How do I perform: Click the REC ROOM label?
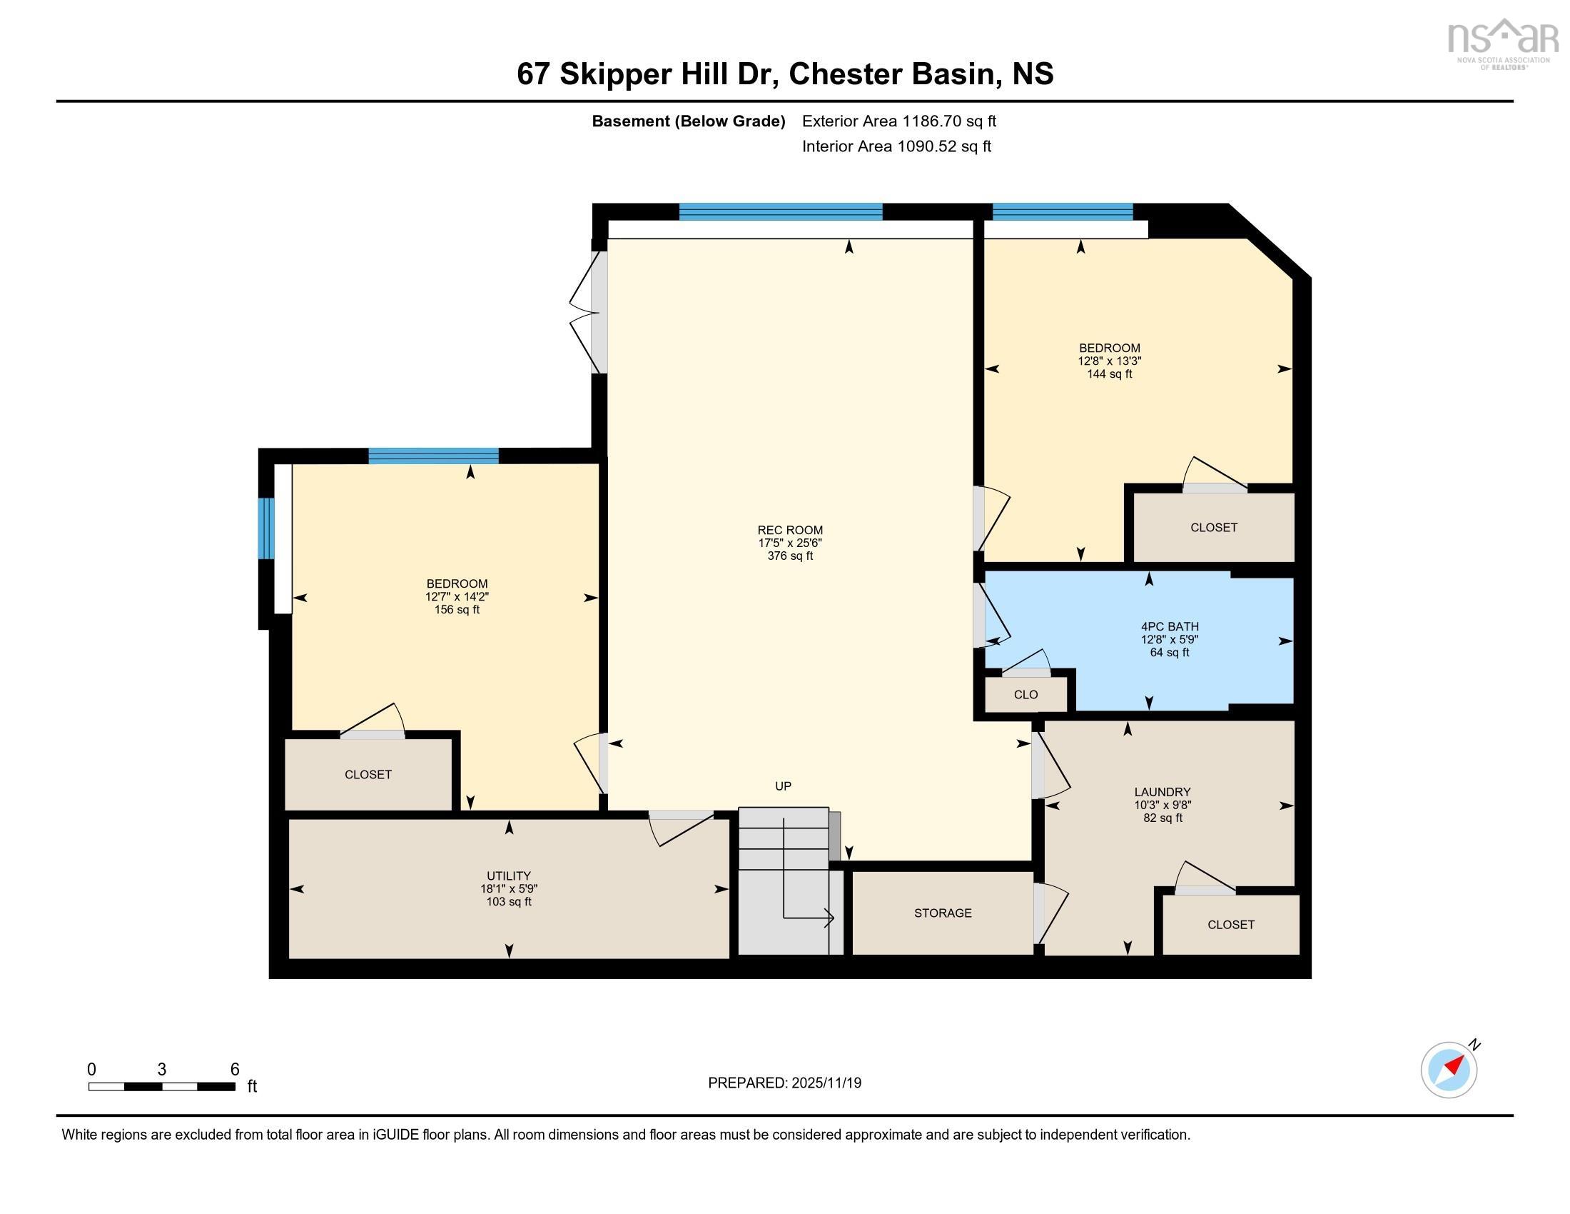(x=790, y=530)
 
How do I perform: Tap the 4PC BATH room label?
(x=1169, y=626)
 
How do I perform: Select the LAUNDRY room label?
(x=1163, y=792)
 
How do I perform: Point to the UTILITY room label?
(x=509, y=876)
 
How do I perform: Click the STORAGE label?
(x=943, y=913)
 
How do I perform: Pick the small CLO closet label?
(x=1025, y=694)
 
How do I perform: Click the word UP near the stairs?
(x=783, y=786)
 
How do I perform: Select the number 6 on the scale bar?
(x=234, y=1069)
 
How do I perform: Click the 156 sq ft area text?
(x=457, y=609)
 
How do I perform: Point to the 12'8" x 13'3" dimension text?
(x=1109, y=361)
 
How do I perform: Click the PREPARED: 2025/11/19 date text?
(x=784, y=1083)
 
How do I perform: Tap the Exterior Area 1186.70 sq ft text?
(x=898, y=121)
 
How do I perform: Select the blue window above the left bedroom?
(x=433, y=456)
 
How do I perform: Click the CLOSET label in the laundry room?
(x=1231, y=924)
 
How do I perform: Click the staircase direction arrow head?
(x=830, y=918)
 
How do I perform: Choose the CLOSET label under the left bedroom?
(x=368, y=774)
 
